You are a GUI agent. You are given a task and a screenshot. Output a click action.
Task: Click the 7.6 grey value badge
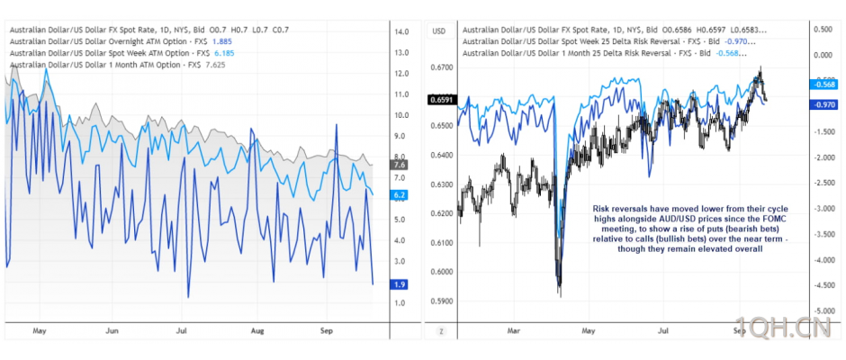400,165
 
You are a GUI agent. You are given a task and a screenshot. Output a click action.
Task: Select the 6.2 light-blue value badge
400,194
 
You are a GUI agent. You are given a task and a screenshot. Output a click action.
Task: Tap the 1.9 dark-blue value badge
400,283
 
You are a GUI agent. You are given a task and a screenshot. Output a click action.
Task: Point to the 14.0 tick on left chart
401,31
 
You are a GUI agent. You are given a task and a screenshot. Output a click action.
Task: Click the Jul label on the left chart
182,330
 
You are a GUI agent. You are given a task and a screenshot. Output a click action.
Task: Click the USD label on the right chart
440,31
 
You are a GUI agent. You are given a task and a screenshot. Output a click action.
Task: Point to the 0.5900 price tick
442,300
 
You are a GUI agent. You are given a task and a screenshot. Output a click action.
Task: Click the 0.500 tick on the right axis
822,29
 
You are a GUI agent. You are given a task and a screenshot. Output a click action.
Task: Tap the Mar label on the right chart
514,330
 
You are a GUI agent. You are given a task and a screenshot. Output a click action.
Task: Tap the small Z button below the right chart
441,331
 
